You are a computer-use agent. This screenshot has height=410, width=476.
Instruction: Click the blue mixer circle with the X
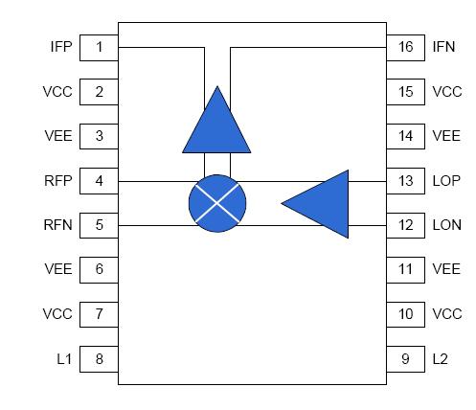[217, 203]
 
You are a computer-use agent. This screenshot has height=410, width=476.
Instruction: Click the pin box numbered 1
[99, 47]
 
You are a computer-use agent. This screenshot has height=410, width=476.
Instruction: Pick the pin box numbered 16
[405, 47]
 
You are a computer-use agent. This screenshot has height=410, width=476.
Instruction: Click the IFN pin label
[443, 47]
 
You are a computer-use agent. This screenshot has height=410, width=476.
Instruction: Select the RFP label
[57, 180]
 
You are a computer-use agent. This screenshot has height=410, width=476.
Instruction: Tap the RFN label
[57, 225]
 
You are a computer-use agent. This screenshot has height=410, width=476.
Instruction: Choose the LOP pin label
[446, 180]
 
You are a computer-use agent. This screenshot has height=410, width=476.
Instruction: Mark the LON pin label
[446, 225]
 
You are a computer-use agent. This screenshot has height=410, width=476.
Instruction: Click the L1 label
[63, 358]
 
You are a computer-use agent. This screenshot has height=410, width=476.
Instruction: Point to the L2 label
[440, 358]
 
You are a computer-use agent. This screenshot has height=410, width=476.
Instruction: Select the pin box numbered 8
[99, 358]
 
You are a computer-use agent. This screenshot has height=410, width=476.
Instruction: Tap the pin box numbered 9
[405, 358]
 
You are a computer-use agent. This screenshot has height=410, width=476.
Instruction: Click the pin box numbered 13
[405, 180]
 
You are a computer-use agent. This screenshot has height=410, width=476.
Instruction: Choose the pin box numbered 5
[99, 225]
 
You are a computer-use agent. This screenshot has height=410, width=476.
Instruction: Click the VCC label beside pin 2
[57, 92]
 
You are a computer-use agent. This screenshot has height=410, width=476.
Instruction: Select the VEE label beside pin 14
[446, 136]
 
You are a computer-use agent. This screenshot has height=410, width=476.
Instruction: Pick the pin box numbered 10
[405, 314]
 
